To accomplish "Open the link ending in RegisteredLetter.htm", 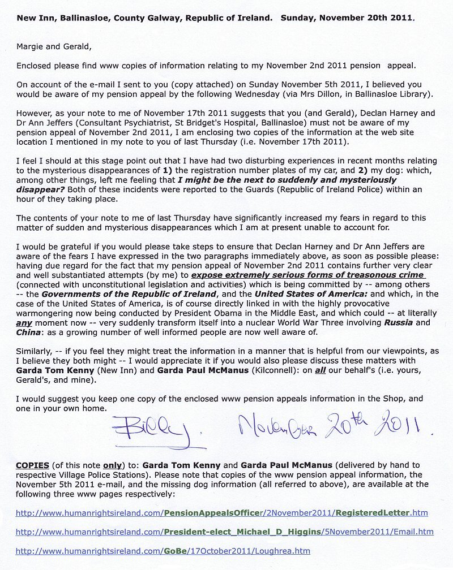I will coord(221,513).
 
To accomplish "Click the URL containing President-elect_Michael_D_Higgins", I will coord(224,532).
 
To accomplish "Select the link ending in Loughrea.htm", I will coord(163,550).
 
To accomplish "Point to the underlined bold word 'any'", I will coord(23,322).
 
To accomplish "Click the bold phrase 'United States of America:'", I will coord(304,293).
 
